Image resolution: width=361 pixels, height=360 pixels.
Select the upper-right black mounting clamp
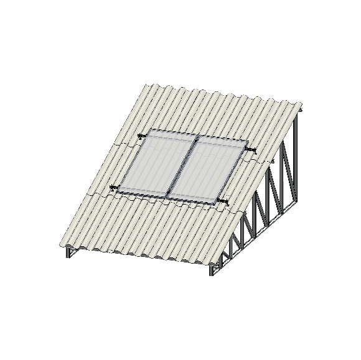click(251, 150)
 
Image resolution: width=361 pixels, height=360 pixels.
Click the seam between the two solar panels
click(183, 166)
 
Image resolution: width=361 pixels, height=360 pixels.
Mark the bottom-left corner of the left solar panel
click(118, 192)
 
